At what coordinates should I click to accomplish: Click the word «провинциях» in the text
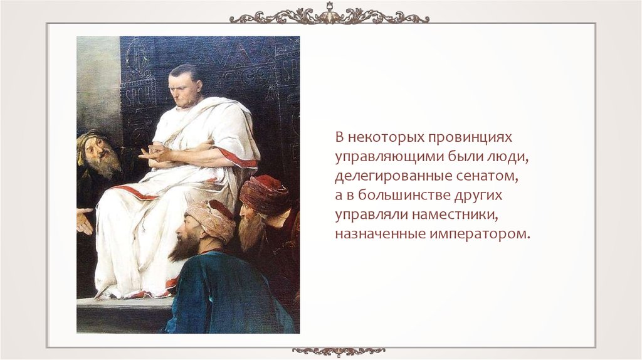(470, 137)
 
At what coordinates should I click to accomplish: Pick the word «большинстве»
(403, 196)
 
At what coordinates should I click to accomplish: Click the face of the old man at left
(98, 152)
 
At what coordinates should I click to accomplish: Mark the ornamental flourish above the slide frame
(329, 16)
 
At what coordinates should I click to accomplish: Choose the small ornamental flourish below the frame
(339, 351)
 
